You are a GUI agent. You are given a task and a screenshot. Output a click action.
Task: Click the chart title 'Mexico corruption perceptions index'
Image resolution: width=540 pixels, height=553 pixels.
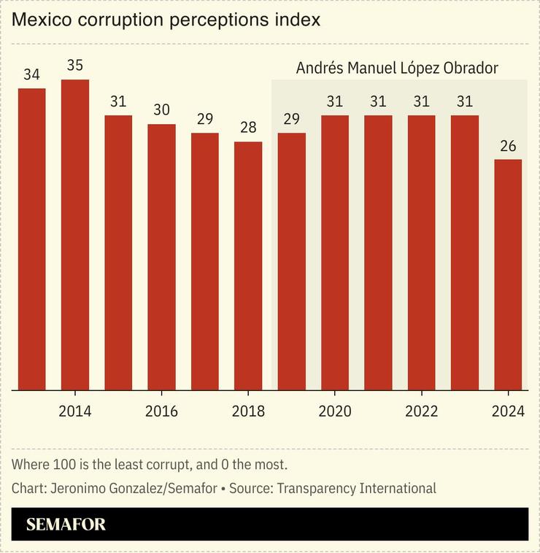(166, 20)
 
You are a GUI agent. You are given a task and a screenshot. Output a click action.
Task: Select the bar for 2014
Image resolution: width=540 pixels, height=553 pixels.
(75, 235)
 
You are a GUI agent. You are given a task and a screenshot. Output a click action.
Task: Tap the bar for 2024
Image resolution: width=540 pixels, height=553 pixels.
(508, 274)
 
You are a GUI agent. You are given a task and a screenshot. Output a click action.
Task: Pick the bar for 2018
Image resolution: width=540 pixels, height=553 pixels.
(248, 266)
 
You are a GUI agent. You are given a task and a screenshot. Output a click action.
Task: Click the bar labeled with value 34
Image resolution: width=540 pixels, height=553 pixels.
(32, 239)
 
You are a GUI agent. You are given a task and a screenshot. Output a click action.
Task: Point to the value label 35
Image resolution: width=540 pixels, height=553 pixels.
(75, 66)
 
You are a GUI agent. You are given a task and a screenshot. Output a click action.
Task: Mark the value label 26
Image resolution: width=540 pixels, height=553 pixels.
(508, 146)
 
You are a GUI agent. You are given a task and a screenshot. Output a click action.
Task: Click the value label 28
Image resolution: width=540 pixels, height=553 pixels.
(248, 128)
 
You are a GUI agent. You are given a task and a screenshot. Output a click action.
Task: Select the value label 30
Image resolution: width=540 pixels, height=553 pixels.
(161, 110)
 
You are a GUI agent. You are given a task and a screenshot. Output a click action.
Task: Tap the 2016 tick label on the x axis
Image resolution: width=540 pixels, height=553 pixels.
(161, 411)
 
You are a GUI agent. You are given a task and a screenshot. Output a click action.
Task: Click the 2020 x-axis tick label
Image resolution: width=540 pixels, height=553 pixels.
(335, 411)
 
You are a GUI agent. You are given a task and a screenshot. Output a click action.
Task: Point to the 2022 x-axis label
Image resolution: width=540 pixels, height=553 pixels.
(421, 411)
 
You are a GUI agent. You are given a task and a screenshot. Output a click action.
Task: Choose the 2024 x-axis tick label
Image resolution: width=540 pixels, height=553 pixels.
(508, 411)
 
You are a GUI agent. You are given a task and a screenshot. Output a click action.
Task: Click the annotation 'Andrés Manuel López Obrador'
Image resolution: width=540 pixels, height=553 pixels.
(397, 69)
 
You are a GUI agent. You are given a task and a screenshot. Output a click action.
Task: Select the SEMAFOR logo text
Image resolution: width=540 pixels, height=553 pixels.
(66, 525)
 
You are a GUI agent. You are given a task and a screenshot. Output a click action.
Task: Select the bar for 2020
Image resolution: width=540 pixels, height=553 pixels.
(335, 252)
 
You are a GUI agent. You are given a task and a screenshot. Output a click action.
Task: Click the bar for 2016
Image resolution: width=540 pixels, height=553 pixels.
(161, 257)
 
